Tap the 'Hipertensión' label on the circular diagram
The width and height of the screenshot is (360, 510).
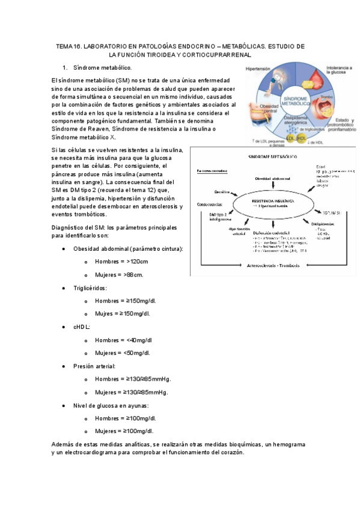click(258, 70)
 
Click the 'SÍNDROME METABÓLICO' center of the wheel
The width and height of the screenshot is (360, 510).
click(296, 100)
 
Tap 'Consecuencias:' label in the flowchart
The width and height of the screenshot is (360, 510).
click(210, 204)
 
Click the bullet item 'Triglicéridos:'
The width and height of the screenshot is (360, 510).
click(90, 288)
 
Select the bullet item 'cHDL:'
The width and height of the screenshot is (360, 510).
click(82, 327)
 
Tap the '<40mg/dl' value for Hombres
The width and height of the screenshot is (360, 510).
click(139, 340)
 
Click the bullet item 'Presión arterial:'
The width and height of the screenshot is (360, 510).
click(94, 366)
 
